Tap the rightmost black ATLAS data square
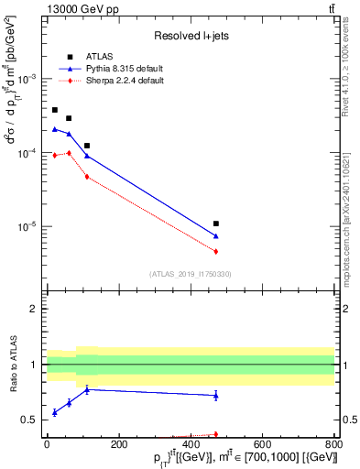tap(216, 224)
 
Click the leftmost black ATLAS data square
tap(55, 110)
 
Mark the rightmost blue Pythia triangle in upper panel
tap(216, 236)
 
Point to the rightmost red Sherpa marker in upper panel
tap(216, 251)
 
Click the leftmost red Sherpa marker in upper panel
tap(55, 155)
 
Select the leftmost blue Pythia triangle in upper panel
tap(55, 129)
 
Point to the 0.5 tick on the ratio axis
tap(32, 420)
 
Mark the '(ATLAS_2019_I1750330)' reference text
tap(191, 274)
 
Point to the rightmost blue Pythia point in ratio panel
tap(216, 395)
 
